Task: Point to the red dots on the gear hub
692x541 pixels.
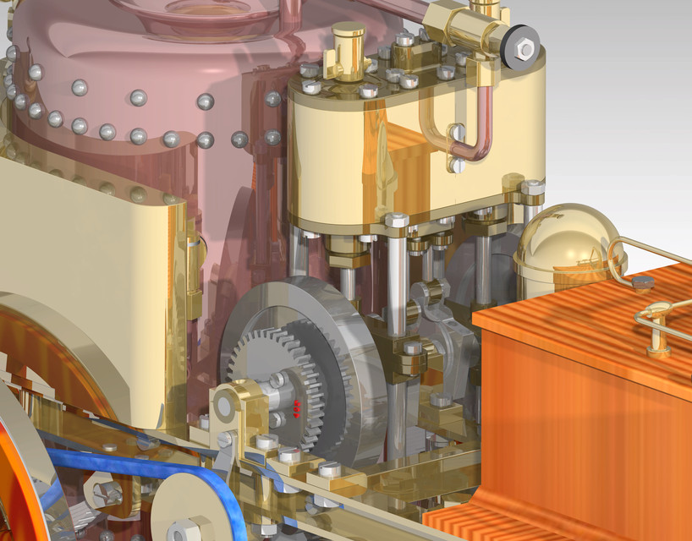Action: pos(296,410)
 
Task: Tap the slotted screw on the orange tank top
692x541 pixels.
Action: pos(642,284)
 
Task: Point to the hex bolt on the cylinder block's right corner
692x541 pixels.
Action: pos(532,187)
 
